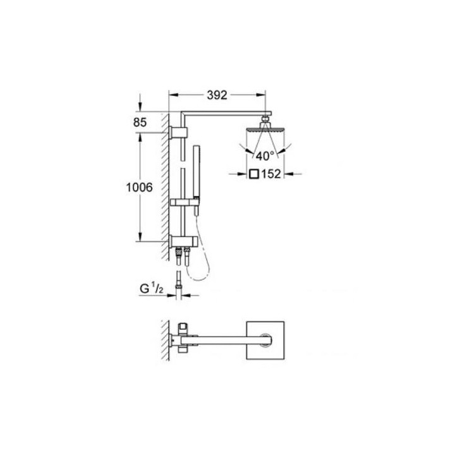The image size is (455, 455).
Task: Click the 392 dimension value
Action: click(217, 95)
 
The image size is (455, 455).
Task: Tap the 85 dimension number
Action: click(140, 123)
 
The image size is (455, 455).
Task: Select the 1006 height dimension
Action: click(139, 187)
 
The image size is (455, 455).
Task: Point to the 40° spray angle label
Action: click(265, 156)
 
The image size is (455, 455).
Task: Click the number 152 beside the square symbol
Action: click(271, 174)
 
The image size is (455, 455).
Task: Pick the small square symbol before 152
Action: click(254, 174)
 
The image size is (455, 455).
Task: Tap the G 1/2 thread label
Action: click(152, 289)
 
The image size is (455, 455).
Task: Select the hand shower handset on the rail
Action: click(197, 180)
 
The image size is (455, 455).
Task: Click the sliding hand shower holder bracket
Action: click(185, 202)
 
